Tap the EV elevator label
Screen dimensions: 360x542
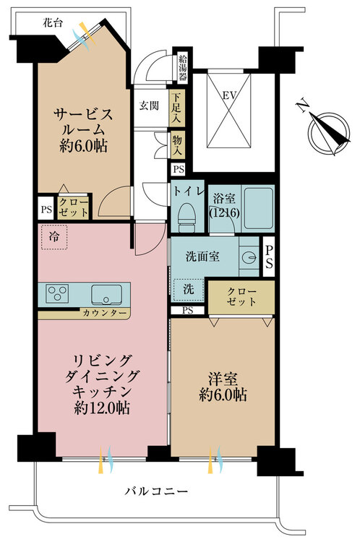click(230, 95)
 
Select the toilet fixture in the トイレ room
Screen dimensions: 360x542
click(186, 218)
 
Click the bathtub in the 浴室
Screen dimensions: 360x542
click(258, 208)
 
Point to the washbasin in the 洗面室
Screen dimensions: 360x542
click(249, 257)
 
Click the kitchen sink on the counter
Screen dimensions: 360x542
click(106, 295)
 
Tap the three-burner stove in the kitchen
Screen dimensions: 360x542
click(57, 294)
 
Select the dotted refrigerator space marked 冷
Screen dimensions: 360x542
click(54, 237)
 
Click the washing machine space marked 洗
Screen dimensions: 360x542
click(188, 290)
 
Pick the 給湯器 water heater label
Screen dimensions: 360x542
click(183, 68)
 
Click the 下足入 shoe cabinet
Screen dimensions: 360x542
click(176, 107)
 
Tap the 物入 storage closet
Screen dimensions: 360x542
click(177, 145)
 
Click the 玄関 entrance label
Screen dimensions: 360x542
click(149, 106)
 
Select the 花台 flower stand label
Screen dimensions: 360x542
click(53, 23)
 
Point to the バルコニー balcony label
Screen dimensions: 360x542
click(157, 491)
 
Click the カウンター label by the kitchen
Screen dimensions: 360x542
click(105, 313)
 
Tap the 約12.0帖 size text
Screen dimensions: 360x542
click(102, 408)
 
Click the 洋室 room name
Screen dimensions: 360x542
click(223, 379)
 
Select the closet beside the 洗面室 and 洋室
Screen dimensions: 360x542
click(241, 297)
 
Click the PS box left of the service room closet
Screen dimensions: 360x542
click(46, 209)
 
